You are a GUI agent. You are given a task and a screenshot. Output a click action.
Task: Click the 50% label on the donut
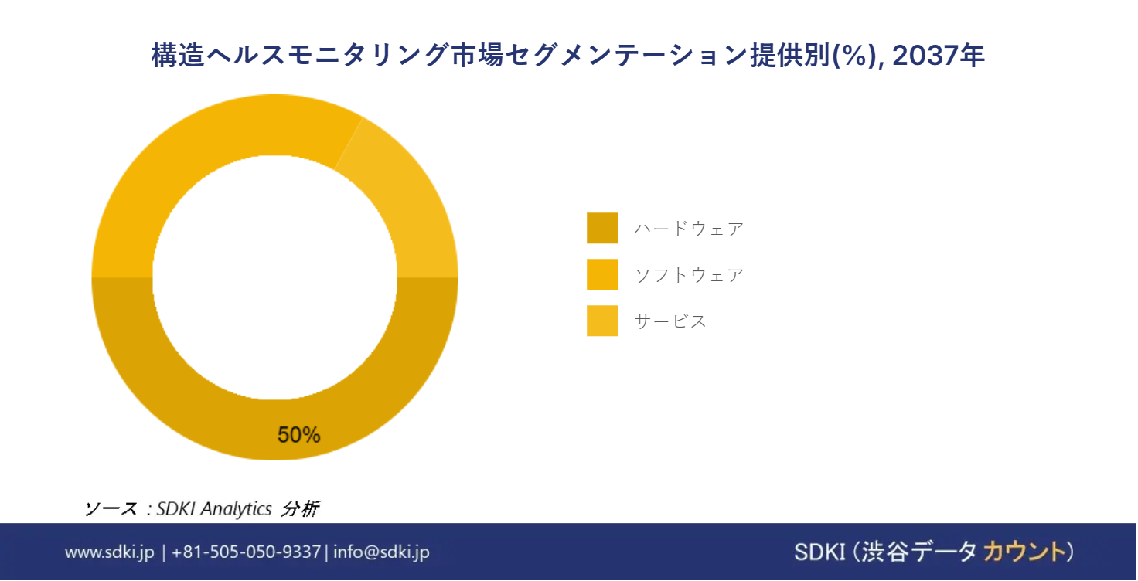pos(298,435)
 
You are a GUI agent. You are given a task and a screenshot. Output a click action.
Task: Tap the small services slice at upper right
pos(407,213)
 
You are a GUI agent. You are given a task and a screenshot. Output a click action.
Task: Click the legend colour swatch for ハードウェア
pos(602,228)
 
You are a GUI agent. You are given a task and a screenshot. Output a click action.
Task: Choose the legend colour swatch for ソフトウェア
pos(602,274)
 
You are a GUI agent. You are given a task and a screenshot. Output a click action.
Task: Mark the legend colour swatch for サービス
pos(602,321)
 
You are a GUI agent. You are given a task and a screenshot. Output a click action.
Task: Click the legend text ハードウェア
pos(689,229)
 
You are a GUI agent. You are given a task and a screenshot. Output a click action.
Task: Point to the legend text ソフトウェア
pos(689,275)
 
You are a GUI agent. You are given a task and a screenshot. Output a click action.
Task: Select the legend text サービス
pos(670,321)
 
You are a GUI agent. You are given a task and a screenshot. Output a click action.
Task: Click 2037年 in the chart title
pos(939,56)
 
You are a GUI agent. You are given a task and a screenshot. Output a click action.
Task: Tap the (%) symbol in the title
pos(856,56)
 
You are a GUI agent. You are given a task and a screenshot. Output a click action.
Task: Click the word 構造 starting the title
pos(178,56)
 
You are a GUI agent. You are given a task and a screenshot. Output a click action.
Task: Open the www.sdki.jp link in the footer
pos(109,552)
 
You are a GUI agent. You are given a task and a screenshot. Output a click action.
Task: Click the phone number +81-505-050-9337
pos(247,552)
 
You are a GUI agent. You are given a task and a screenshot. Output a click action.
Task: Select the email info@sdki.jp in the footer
pos(382,552)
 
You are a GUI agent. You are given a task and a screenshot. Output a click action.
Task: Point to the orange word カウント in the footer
pos(1024,552)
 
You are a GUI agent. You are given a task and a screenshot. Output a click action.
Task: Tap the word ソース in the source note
pos(111,509)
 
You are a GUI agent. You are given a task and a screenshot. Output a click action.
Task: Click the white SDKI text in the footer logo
pos(820,552)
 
